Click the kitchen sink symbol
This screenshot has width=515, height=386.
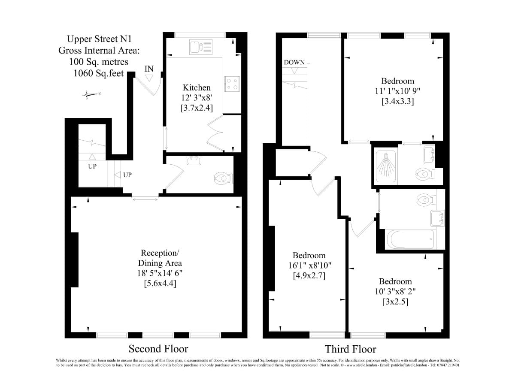coord(200,47)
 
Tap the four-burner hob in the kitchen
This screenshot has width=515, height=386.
coord(232,84)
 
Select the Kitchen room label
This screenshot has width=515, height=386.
coord(197,87)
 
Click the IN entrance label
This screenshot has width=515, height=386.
coord(149,69)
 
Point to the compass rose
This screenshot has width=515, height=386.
coord(91,94)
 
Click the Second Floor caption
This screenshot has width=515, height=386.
coord(158,349)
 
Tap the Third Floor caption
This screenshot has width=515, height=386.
coord(350,349)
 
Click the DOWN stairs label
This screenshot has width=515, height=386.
coord(294,62)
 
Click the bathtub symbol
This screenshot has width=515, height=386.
coord(411,239)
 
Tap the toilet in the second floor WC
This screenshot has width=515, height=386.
coord(224,178)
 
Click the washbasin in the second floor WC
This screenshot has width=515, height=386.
coord(194,160)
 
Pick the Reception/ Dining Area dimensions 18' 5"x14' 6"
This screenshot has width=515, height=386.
coord(160,273)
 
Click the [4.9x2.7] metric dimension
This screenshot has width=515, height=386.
coord(309,276)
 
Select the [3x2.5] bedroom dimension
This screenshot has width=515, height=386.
coord(395,302)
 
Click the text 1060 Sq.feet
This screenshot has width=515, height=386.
coord(99,73)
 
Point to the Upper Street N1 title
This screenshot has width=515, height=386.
coord(99,39)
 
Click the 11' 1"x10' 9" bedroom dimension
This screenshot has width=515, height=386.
coord(397,91)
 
